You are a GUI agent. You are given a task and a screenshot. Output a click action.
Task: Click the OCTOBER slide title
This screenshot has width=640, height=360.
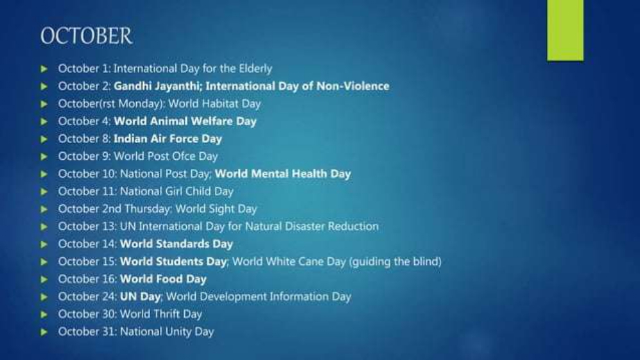click(x=86, y=36)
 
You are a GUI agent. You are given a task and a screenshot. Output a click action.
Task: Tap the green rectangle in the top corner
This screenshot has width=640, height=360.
click(x=566, y=30)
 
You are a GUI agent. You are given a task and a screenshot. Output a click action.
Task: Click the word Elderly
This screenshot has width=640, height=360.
click(x=255, y=69)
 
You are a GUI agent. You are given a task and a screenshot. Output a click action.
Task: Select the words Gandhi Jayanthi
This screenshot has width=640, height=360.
click(x=158, y=87)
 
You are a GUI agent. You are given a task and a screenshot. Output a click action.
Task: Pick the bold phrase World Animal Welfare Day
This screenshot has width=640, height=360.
click(x=185, y=122)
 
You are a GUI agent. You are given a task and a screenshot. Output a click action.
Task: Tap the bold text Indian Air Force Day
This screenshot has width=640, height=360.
click(x=168, y=139)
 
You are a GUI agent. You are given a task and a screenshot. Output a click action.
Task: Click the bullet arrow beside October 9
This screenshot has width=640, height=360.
click(x=44, y=157)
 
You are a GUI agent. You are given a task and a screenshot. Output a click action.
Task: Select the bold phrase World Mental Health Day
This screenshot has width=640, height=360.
click(x=283, y=175)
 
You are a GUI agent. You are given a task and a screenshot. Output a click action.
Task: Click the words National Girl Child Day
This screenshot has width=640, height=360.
click(x=177, y=191)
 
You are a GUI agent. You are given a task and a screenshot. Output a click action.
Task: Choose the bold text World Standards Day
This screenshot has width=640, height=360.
click(x=177, y=244)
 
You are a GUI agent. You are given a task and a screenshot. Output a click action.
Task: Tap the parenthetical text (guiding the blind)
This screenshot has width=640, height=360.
click(x=395, y=262)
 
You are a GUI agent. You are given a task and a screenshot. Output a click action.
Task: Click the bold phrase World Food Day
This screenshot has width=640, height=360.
click(x=163, y=279)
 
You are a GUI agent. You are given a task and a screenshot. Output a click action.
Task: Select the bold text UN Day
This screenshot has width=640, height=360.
click(x=140, y=296)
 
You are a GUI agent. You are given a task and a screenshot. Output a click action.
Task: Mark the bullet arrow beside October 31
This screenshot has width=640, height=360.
click(x=44, y=332)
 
